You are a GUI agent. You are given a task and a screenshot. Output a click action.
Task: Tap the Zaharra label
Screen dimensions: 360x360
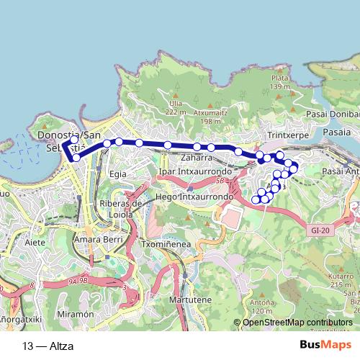[197, 157]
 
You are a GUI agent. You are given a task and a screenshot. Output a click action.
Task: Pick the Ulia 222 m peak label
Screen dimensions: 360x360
[175, 107]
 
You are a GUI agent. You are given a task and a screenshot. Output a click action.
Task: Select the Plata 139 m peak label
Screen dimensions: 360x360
[280, 83]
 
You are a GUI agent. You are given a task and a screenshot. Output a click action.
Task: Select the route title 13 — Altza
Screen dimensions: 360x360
[48, 345]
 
